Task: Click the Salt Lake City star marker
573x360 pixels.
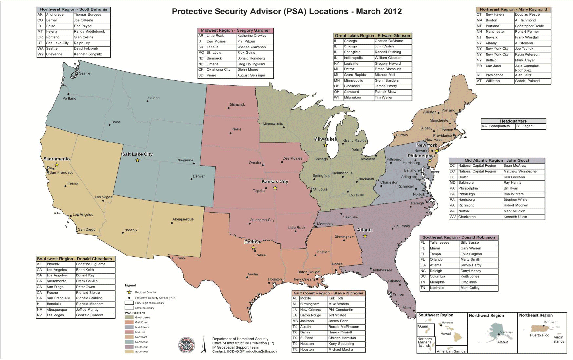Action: pyautogui.click(x=137, y=160)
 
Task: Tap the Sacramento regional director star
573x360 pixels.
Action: pyautogui.click(x=57, y=165)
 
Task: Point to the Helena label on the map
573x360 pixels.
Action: pyautogui.click(x=153, y=98)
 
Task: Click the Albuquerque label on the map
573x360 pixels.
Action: pyautogui.click(x=183, y=219)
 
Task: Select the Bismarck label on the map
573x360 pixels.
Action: pyautogui.click(x=237, y=105)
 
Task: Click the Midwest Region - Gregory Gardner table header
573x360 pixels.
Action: pyautogui.click(x=235, y=30)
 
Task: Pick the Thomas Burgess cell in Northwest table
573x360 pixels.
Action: pyautogui.click(x=87, y=15)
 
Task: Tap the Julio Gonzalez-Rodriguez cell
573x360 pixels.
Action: pyautogui.click(x=527, y=68)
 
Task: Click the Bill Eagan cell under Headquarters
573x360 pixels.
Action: pyautogui.click(x=524, y=126)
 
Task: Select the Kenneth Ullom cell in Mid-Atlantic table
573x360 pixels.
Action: pyautogui.click(x=515, y=217)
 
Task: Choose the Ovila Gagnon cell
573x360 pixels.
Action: pyautogui.click(x=471, y=254)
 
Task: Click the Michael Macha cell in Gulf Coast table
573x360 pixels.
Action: pyautogui.click(x=340, y=350)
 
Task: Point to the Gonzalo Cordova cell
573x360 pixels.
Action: pyautogui.click(x=89, y=315)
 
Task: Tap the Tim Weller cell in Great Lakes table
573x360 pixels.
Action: pyautogui.click(x=383, y=98)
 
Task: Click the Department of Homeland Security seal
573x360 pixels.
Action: pyautogui.click(x=186, y=346)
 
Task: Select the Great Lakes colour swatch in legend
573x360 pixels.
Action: pyautogui.click(x=129, y=317)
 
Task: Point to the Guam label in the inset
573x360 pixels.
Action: pyautogui.click(x=423, y=326)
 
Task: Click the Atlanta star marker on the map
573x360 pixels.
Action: pyautogui.click(x=365, y=236)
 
